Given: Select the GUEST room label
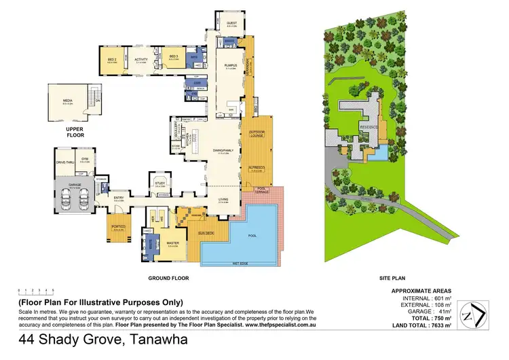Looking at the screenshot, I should (x=231, y=22).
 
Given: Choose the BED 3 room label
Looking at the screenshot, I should (x=173, y=56).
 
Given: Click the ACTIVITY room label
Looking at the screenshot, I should (x=141, y=59).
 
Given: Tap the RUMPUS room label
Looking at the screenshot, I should (x=230, y=65).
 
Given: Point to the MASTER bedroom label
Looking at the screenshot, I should (x=173, y=243).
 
